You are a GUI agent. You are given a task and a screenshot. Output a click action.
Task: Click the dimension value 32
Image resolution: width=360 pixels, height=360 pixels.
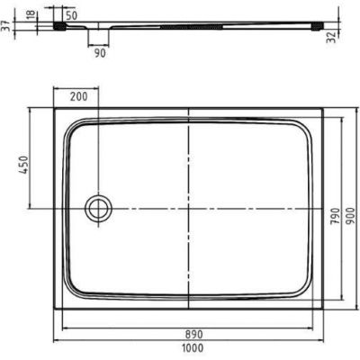click(353, 38)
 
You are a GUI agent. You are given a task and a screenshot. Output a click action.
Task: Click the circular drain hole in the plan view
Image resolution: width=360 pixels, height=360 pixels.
click(96, 209)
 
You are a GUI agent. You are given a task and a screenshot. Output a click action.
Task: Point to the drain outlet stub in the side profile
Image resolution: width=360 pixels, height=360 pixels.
click(98, 36)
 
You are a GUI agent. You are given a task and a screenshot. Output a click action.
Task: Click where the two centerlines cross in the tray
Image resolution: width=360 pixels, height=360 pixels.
click(189, 209)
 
